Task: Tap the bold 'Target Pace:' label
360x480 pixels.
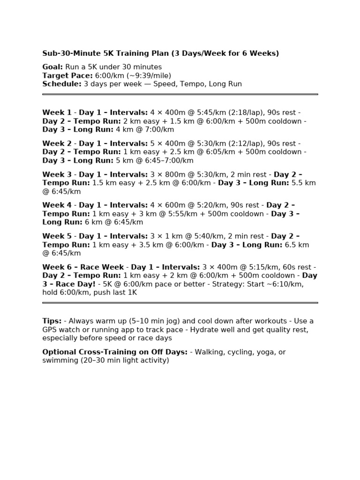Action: click(x=67, y=75)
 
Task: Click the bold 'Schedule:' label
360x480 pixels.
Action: click(x=62, y=84)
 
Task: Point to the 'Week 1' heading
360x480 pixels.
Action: click(x=57, y=112)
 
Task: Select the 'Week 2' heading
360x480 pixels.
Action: click(x=57, y=143)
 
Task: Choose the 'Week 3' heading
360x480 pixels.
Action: click(x=57, y=174)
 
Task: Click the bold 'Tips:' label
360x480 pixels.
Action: click(x=52, y=321)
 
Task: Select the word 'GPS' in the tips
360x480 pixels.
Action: click(x=50, y=330)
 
